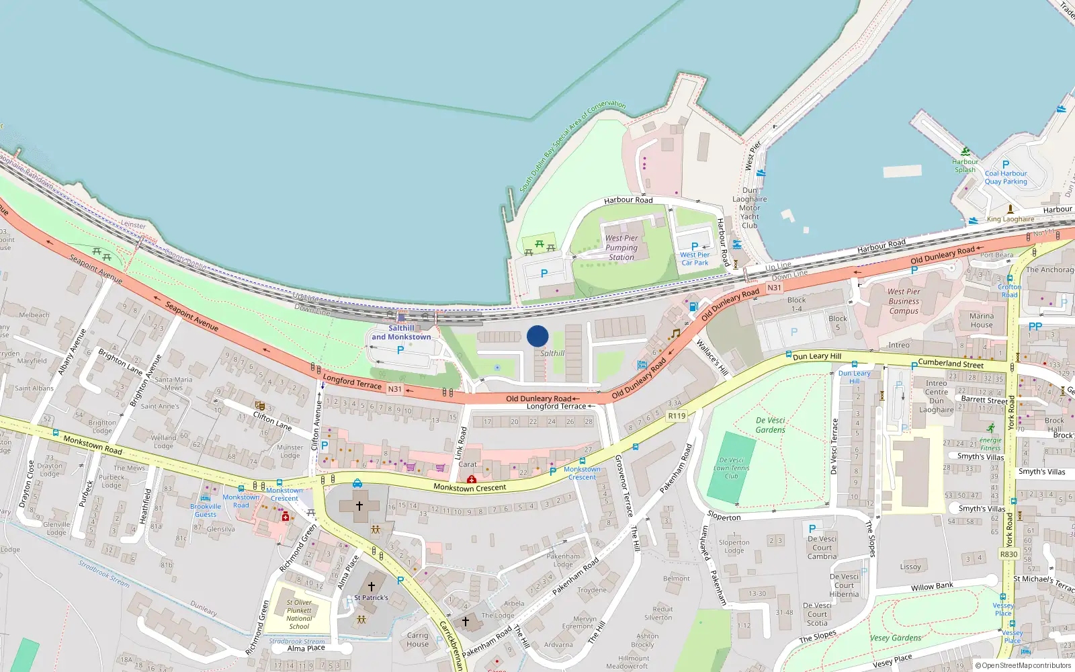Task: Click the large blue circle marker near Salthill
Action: [x=537, y=336]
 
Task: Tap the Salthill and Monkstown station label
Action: [x=401, y=333]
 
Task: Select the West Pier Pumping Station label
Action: [x=621, y=247]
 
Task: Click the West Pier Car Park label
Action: [x=695, y=259]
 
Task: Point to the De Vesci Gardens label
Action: [x=770, y=425]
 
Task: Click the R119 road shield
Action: [x=677, y=416]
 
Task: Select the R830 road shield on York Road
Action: [x=1008, y=554]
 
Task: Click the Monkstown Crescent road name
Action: [x=470, y=487]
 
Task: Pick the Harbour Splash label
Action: [x=965, y=165]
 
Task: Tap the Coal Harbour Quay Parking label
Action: [x=1006, y=177]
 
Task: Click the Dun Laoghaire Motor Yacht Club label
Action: [x=749, y=208]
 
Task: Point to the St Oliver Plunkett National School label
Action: [x=299, y=614]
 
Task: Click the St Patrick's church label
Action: [x=371, y=597]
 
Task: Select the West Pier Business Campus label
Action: [x=904, y=301]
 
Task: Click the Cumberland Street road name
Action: [x=951, y=364]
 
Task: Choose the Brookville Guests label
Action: [x=206, y=510]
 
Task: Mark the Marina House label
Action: [x=981, y=321]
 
